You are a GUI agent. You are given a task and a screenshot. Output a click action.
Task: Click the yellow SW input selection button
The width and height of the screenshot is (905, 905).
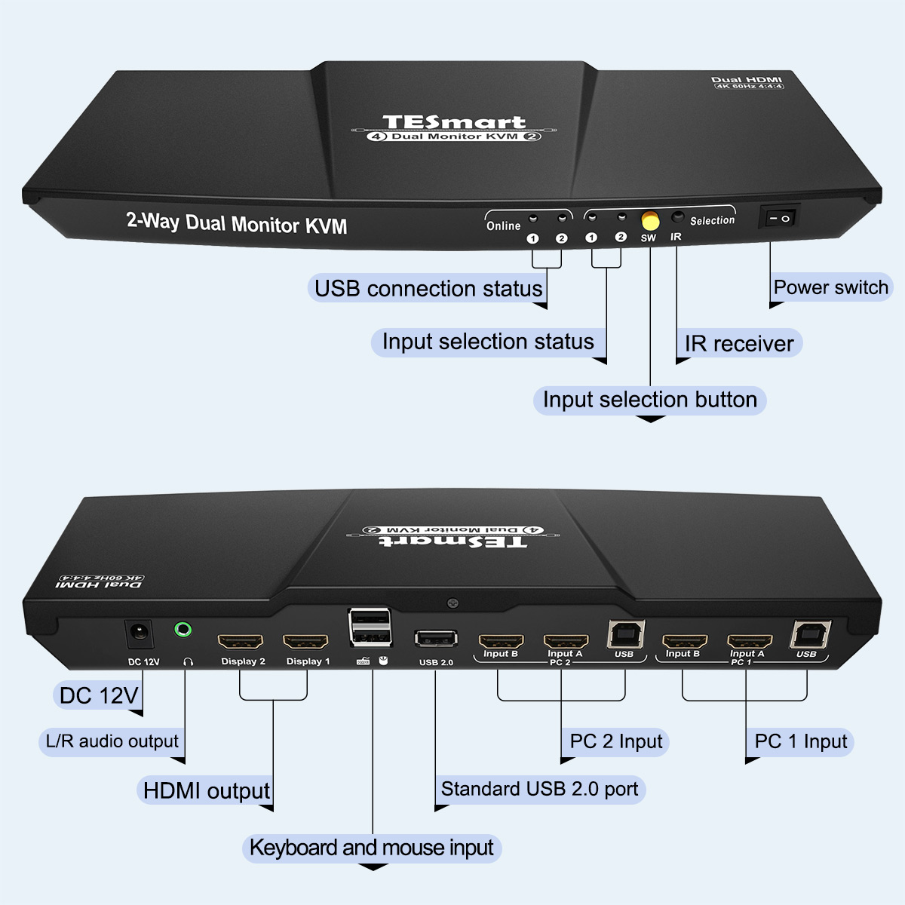[649, 221]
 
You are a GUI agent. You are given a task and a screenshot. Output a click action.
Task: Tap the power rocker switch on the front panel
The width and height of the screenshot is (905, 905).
[778, 218]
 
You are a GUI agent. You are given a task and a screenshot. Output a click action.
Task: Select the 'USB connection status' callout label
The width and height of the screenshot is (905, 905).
[428, 289]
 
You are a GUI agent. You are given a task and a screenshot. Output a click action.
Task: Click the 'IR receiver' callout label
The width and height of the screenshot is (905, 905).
[738, 344]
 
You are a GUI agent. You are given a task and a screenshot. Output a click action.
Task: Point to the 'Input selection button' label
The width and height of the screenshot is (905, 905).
[649, 400]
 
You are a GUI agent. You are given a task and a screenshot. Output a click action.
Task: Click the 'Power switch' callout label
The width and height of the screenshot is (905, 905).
[830, 287]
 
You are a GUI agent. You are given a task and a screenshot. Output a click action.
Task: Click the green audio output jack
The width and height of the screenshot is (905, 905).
[183, 629]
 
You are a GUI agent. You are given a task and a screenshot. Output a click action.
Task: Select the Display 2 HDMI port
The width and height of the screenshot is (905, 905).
[241, 643]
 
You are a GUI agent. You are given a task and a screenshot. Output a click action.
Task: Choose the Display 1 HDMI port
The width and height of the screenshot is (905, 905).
[305, 643]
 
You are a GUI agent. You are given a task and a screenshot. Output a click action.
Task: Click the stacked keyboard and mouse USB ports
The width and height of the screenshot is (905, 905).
[370, 627]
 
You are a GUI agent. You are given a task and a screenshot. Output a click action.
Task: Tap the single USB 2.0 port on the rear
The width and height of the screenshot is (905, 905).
[436, 639]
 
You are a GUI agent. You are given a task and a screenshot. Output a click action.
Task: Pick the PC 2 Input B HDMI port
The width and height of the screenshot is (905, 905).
[501, 642]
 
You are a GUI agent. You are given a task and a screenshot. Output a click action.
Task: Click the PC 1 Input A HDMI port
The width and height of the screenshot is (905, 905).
[749, 643]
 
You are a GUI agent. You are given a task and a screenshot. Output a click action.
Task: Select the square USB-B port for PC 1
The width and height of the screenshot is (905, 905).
[811, 635]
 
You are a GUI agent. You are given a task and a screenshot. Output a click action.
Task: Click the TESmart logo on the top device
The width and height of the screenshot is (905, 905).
[453, 122]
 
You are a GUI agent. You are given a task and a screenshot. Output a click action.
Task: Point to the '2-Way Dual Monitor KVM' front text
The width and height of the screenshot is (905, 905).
[237, 223]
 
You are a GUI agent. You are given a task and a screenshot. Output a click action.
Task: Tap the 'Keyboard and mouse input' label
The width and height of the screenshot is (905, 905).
[371, 848]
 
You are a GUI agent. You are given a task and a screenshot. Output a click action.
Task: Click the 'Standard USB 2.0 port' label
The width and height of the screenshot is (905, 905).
[539, 790]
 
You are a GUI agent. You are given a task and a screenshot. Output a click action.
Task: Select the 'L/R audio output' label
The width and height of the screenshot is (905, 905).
[112, 741]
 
